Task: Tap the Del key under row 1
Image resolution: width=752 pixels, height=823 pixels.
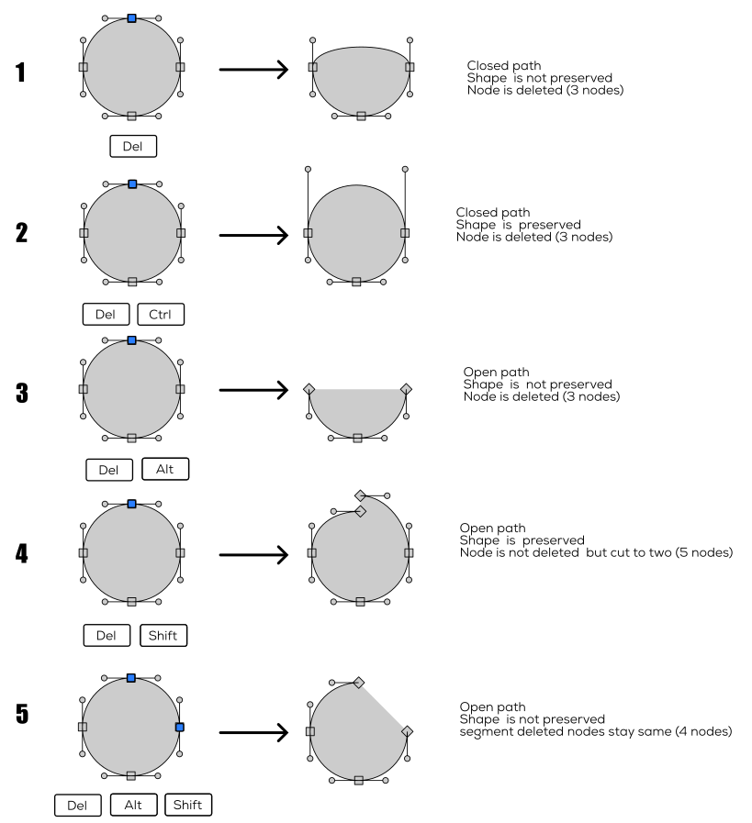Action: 132,145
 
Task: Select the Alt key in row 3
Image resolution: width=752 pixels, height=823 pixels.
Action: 165,469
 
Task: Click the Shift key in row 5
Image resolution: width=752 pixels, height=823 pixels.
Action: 188,805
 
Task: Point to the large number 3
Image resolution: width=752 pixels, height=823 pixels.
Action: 21,393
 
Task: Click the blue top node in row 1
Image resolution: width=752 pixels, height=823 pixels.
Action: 131,17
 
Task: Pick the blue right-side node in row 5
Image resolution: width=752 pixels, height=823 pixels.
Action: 180,727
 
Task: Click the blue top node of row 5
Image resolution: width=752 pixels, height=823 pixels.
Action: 131,678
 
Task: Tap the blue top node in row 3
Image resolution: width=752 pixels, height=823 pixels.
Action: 131,339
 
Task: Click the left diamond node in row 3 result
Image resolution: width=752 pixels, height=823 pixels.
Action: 309,389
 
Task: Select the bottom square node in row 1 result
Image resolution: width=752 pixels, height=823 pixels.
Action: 361,116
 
